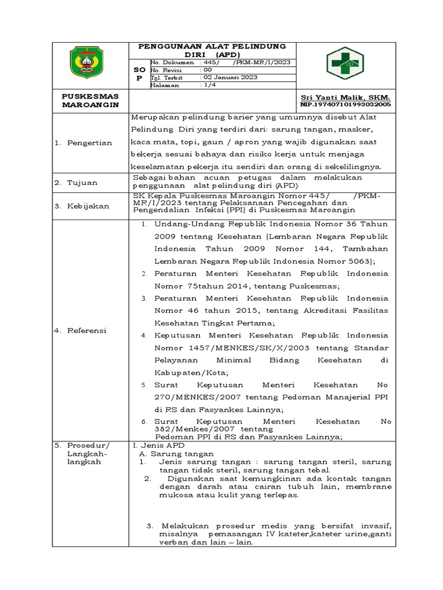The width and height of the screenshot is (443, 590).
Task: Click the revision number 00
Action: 207,69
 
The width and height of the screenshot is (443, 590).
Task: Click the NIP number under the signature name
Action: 346,105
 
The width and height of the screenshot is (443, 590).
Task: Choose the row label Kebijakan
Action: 89,206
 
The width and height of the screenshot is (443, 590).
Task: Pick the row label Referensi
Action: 89,331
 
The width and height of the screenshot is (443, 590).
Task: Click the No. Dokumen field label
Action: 172,62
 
